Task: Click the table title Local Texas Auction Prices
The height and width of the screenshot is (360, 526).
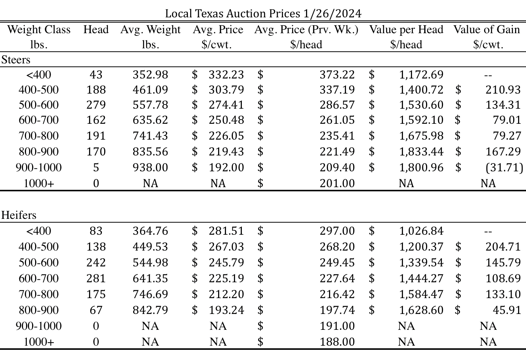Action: click(x=263, y=14)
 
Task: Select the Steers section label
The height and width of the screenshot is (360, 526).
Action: click(x=16, y=60)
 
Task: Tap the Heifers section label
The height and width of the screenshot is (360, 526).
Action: click(x=19, y=215)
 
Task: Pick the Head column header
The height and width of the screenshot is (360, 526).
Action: click(x=96, y=29)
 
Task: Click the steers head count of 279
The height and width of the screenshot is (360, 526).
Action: click(x=96, y=105)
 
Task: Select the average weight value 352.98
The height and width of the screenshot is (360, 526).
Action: click(x=150, y=74)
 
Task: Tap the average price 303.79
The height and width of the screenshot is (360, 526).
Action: click(x=226, y=89)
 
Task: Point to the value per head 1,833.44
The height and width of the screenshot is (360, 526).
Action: click(x=421, y=151)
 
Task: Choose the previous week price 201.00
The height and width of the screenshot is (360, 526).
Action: click(x=337, y=183)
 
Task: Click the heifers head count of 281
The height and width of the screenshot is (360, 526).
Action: click(x=96, y=278)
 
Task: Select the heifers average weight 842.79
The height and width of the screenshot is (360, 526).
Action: click(x=150, y=310)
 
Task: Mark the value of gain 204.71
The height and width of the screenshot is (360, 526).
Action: click(x=503, y=246)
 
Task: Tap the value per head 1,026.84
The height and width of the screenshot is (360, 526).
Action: click(x=421, y=231)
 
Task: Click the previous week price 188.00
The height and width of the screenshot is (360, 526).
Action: click(x=337, y=342)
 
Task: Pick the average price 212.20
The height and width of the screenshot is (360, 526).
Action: click(x=226, y=294)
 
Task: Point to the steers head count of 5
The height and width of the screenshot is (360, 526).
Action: click(x=96, y=167)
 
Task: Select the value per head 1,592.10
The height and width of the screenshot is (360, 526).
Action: click(x=421, y=120)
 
